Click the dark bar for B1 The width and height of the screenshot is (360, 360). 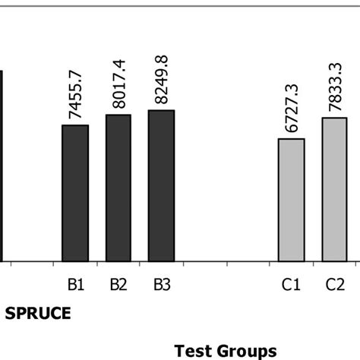(x=75, y=193)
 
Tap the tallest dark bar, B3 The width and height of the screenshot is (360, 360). (x=161, y=186)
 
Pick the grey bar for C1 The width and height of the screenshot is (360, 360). (x=292, y=201)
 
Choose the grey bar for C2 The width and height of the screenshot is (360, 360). (x=335, y=190)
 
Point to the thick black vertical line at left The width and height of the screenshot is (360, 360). (x=2, y=167)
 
